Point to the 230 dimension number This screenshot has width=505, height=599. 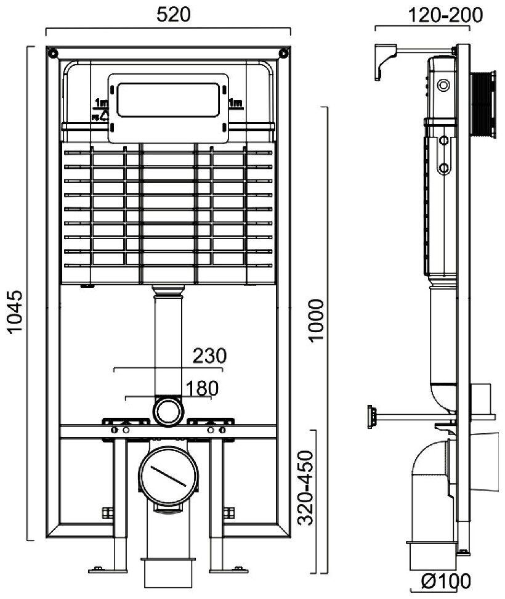[210, 356]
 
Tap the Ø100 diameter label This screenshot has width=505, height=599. [446, 581]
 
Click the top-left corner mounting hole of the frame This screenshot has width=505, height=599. [53, 52]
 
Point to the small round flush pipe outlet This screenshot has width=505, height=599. [168, 410]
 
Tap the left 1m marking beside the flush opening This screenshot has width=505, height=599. [101, 102]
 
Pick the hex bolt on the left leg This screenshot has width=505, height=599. [105, 513]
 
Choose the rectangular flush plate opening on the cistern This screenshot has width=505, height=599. [168, 101]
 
